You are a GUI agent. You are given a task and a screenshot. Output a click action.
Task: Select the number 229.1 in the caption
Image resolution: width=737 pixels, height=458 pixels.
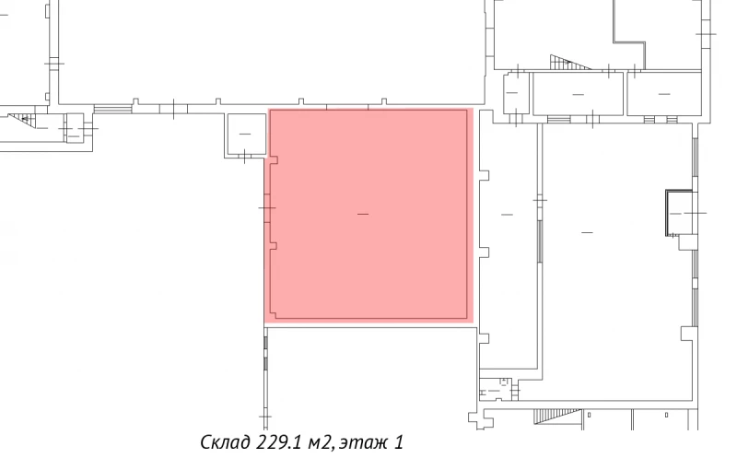pos(279,442)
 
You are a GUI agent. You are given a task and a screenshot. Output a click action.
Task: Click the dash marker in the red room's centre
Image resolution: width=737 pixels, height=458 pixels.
pos(363,215)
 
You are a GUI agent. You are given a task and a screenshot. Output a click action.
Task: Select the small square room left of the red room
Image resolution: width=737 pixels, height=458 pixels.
pos(245,135)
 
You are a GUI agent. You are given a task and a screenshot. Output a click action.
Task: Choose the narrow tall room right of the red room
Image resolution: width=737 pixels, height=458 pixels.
pos(506,240)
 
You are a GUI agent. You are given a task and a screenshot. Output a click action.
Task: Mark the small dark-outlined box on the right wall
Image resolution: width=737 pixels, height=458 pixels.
pos(678,213)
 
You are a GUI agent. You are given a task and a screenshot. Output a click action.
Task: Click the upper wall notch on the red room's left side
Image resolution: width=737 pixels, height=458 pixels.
pos(274,160)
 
